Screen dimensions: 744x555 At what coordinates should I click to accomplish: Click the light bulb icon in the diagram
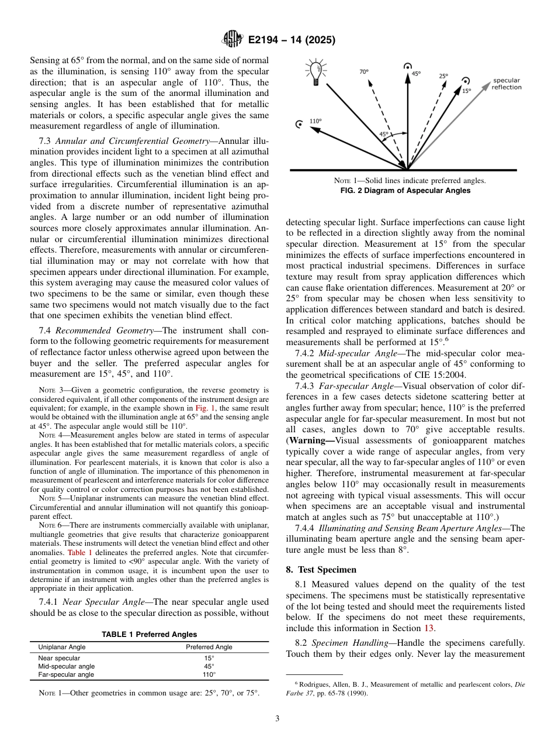pyautogui.click(x=316, y=73)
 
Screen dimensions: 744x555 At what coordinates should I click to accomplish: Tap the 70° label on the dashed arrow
pyautogui.click(x=363, y=72)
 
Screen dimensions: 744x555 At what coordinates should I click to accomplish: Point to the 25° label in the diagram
pyautogui.click(x=443, y=76)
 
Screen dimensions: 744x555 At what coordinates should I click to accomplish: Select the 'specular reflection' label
pyautogui.click(x=506, y=84)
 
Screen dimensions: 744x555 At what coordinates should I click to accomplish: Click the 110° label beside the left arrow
pyautogui.click(x=315, y=121)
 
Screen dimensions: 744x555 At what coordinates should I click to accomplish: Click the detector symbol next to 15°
pyautogui.click(x=466, y=81)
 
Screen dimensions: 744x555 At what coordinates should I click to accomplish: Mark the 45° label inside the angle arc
pyautogui.click(x=384, y=134)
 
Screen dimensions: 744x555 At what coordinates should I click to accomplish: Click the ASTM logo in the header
pyautogui.click(x=232, y=40)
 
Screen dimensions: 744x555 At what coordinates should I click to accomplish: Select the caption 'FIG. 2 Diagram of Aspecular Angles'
pyautogui.click(x=405, y=191)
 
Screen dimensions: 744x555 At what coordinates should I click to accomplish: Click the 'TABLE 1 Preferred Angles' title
pyautogui.click(x=149, y=634)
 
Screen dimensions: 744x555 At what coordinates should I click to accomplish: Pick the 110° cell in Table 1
pyautogui.click(x=209, y=674)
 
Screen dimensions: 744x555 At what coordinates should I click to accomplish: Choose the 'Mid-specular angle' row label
pyautogui.click(x=66, y=666)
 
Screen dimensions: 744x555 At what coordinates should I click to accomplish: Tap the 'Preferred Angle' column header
pyautogui.click(x=209, y=647)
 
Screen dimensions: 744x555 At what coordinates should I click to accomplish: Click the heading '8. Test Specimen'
pyautogui.click(x=321, y=569)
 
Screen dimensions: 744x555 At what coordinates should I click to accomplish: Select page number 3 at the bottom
pyautogui.click(x=277, y=719)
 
